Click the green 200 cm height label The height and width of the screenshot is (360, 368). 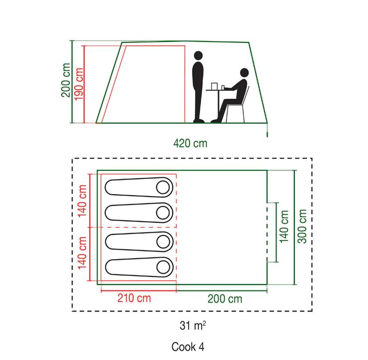click(x=65, y=80)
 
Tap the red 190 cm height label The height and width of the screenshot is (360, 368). click(x=78, y=84)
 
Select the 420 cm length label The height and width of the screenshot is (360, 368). click(x=191, y=143)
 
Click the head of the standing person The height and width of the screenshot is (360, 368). click(x=198, y=56)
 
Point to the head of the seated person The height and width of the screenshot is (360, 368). click(x=244, y=72)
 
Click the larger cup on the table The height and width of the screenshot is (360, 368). click(x=214, y=86)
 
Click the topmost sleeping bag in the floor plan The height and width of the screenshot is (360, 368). click(x=139, y=187)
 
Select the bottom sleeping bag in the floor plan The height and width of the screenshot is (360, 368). click(x=139, y=267)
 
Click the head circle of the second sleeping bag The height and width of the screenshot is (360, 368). click(x=163, y=213)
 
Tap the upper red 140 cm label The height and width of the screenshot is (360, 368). click(x=82, y=201)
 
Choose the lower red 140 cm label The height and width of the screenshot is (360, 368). click(x=82, y=253)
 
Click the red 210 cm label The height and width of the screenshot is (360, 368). click(x=134, y=298)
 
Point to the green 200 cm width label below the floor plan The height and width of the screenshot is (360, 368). click(x=225, y=299)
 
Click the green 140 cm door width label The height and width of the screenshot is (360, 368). click(x=284, y=226)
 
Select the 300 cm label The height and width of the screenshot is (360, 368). click(x=302, y=226)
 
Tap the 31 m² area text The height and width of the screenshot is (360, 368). click(x=193, y=325)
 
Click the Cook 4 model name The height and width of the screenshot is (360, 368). click(x=188, y=346)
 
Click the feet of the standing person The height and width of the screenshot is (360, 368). click(x=199, y=121)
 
